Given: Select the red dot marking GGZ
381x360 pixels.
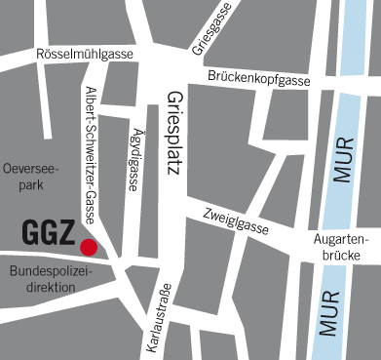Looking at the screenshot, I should [x=89, y=247].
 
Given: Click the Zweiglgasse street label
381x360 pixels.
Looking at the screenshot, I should [x=236, y=220].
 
